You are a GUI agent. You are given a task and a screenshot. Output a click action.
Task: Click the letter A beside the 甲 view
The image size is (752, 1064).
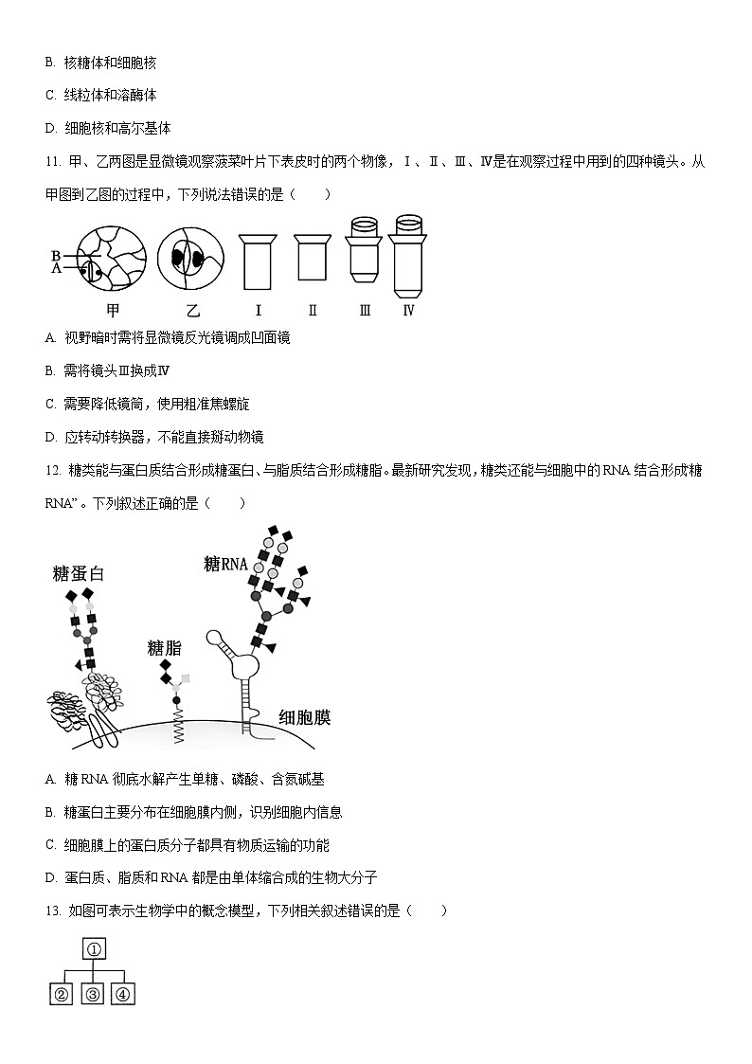click(56, 268)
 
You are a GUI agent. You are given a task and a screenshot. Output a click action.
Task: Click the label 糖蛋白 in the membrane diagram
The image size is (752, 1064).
click(78, 573)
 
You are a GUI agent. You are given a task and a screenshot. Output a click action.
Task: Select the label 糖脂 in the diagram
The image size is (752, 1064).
click(164, 648)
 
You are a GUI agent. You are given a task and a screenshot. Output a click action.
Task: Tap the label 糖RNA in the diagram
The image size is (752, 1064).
click(225, 565)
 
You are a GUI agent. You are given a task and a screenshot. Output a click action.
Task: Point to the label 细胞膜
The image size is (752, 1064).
click(304, 717)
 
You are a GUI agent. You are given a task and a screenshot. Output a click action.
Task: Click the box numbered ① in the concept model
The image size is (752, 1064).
click(96, 949)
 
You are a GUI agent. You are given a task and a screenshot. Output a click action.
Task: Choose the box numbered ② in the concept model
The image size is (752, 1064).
click(62, 994)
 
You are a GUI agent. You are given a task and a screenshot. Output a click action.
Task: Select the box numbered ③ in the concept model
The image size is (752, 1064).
click(93, 994)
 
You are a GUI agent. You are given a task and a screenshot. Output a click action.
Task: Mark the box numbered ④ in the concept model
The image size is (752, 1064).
click(124, 994)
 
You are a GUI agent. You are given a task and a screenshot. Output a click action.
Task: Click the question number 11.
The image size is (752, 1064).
click(52, 162)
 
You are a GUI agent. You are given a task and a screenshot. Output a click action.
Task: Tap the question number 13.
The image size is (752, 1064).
click(52, 911)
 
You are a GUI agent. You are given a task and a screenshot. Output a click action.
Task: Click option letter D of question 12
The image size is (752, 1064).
click(50, 877)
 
